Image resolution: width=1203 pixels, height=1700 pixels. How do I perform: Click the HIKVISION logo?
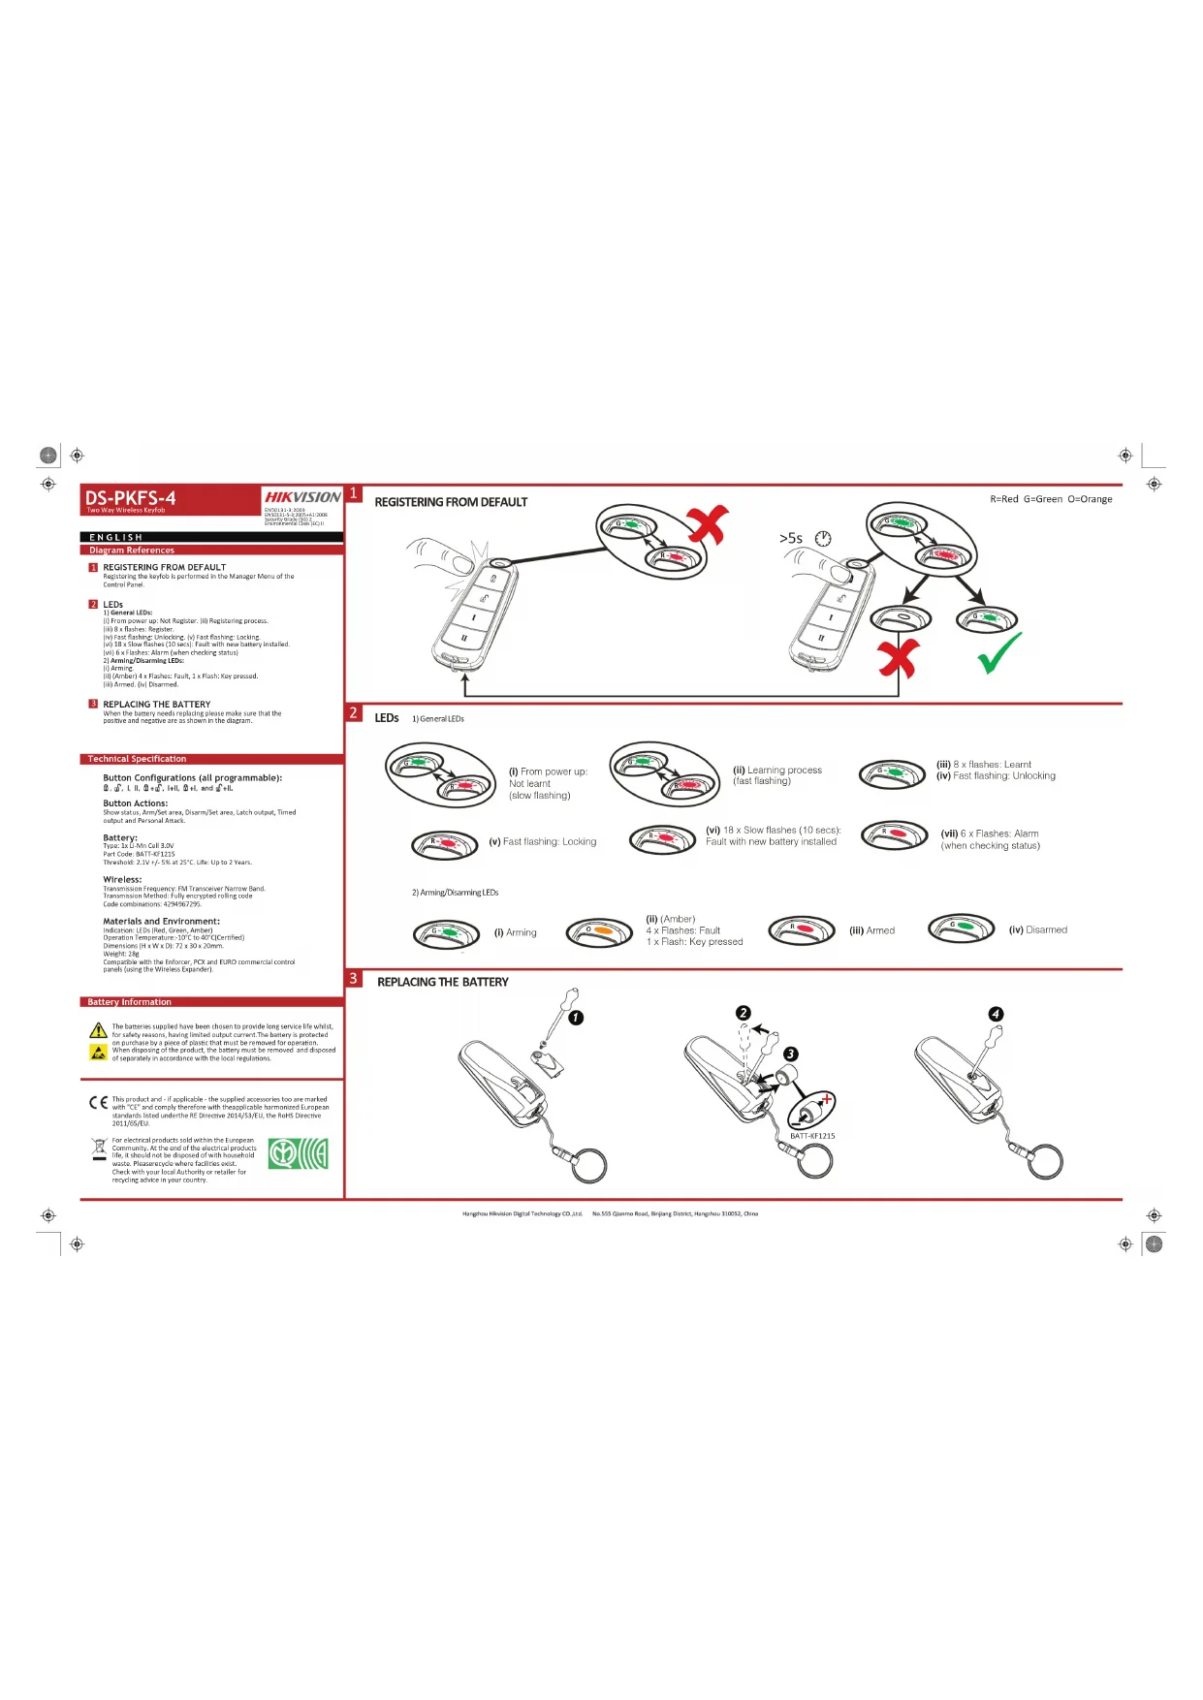click(302, 497)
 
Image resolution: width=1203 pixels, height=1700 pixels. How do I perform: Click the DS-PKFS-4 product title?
click(131, 498)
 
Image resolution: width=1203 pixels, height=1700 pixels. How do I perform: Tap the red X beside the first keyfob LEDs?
click(709, 524)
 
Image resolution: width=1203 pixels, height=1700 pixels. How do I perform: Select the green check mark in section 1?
click(999, 653)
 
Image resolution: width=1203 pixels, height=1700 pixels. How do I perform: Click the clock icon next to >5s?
click(823, 538)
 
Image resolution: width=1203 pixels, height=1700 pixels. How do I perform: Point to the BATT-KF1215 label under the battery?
click(812, 1136)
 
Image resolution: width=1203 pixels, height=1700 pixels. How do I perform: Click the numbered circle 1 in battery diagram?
click(576, 1018)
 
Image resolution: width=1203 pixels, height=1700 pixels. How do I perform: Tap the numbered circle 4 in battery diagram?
click(996, 1014)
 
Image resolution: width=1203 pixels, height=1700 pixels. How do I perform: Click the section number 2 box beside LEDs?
click(354, 713)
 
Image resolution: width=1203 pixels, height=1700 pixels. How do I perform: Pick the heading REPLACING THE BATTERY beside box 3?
click(442, 982)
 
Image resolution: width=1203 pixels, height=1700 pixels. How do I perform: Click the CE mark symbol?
click(98, 1103)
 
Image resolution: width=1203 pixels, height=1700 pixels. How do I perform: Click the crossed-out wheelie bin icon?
click(98, 1149)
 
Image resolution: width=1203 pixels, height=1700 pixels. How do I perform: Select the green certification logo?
click(298, 1153)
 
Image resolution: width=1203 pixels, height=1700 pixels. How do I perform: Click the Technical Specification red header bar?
click(211, 759)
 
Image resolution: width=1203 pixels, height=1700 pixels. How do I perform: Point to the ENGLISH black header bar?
click(211, 537)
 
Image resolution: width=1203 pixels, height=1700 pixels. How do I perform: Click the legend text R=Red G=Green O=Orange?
click(1051, 499)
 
